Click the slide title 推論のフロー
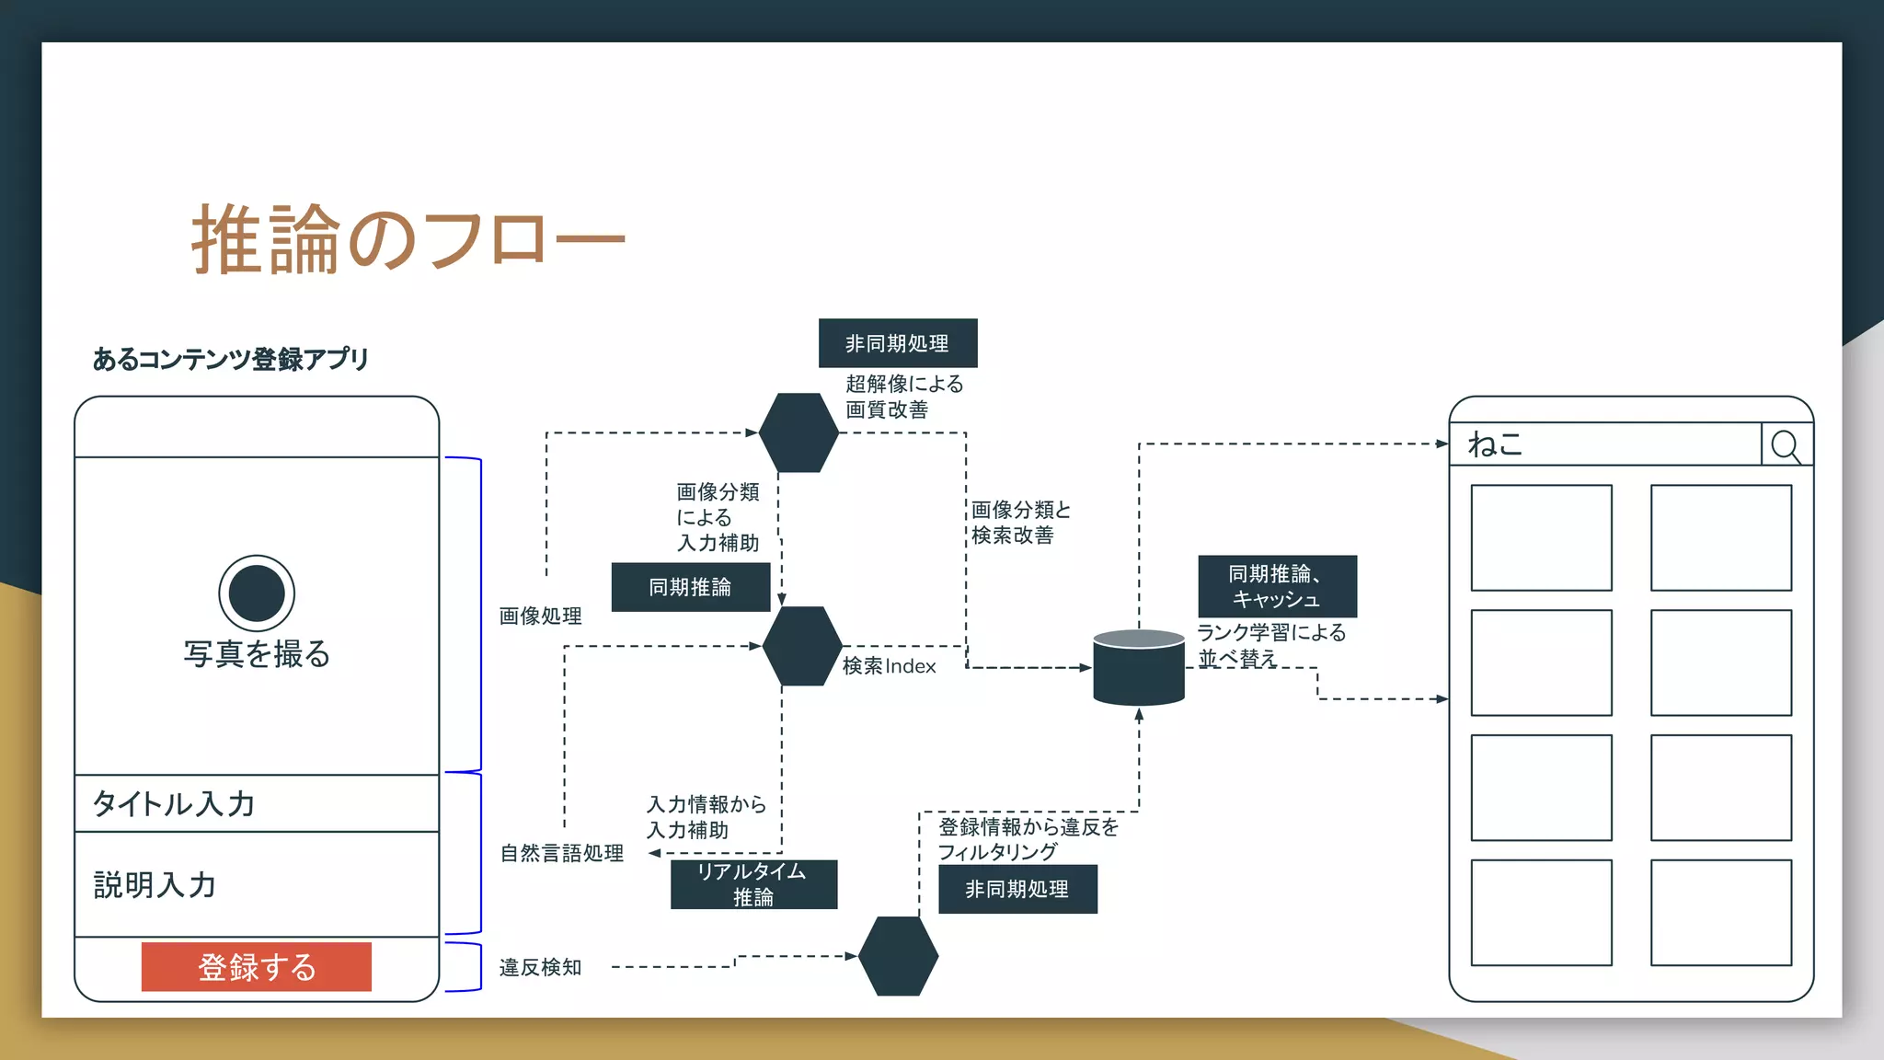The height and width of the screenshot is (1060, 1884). click(408, 241)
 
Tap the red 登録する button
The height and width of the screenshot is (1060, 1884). click(257, 967)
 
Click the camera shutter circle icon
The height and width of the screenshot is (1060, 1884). click(257, 593)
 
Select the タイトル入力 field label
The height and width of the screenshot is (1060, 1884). click(174, 803)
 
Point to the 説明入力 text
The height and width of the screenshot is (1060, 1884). click(155, 884)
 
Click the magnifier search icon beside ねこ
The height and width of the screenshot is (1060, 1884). click(1786, 445)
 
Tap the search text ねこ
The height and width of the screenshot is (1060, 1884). click(1495, 444)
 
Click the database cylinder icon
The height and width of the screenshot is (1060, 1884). click(1139, 668)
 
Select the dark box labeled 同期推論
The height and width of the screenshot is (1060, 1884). click(690, 587)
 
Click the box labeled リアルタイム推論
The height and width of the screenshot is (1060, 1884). click(753, 884)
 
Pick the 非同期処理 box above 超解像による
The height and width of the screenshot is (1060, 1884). click(898, 343)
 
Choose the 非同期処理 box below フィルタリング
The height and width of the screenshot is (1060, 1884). click(1017, 889)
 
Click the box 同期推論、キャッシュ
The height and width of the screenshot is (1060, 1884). click(1277, 586)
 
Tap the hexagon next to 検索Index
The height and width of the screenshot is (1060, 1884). click(802, 646)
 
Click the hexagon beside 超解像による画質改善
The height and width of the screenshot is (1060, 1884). click(798, 432)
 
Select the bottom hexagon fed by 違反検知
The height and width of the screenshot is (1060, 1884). click(898, 956)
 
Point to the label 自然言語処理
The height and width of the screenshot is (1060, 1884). click(561, 853)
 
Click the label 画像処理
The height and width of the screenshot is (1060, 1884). click(540, 616)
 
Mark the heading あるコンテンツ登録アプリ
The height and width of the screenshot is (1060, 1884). click(230, 359)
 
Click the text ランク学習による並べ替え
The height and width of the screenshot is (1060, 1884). click(1269, 645)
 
